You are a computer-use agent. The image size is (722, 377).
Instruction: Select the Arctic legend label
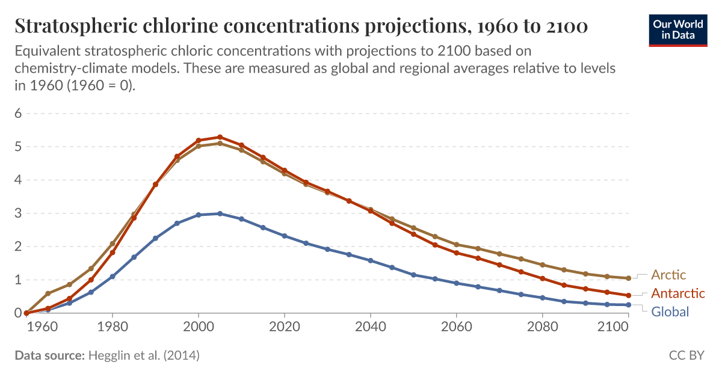(668, 275)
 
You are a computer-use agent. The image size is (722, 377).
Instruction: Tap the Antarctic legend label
(678, 293)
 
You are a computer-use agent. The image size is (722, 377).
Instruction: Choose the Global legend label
(670, 311)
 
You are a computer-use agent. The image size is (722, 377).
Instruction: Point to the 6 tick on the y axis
(18, 113)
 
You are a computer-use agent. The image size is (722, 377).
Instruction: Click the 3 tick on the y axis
(18, 213)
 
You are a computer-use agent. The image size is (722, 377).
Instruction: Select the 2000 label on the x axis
(199, 328)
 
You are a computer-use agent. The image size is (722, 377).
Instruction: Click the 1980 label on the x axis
(112, 328)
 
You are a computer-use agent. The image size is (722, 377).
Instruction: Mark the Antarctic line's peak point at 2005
(220, 137)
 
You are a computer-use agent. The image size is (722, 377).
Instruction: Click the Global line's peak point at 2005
(220, 213)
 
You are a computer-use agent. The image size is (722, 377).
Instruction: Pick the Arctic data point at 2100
(628, 278)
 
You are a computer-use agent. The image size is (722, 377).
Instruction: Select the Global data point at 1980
(112, 277)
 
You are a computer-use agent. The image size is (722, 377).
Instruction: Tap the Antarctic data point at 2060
(457, 253)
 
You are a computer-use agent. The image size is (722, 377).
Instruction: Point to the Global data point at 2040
(371, 260)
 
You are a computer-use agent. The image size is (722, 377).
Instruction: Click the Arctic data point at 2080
(543, 265)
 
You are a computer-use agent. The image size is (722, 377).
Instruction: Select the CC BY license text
(687, 355)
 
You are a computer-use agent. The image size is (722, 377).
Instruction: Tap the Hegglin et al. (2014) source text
(144, 355)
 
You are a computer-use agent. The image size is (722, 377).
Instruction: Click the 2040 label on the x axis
(371, 328)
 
